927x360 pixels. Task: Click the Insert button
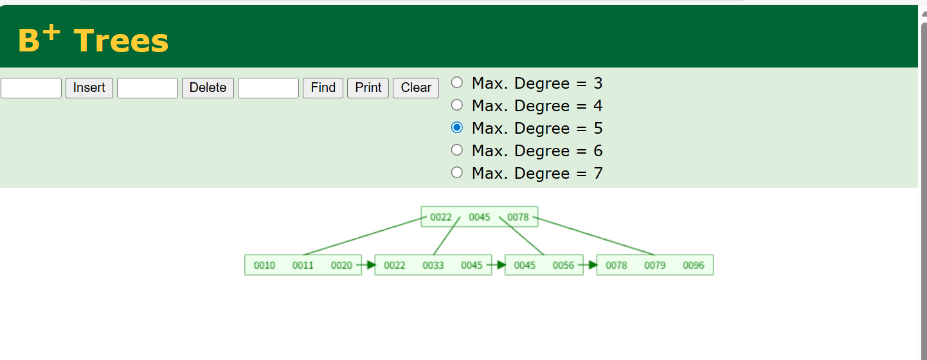pos(89,87)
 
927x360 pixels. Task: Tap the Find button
pos(323,87)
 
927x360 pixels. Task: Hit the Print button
pos(368,87)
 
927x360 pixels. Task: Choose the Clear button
pos(416,87)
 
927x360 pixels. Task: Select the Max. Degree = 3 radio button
pos(457,82)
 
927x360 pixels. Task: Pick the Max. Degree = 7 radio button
pos(457,172)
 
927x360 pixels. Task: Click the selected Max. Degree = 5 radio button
pos(457,127)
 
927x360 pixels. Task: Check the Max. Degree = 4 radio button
pos(457,105)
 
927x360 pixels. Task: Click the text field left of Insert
pos(31,87)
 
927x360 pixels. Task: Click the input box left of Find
pos(268,87)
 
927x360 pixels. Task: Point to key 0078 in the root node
pos(518,217)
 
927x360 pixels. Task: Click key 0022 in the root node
pos(441,217)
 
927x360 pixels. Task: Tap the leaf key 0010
pos(264,265)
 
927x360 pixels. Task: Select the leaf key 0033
pos(433,265)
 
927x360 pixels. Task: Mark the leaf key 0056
pos(563,265)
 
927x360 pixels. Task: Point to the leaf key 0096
pos(694,265)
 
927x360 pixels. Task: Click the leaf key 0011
pos(303,265)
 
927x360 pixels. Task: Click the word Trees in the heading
pos(121,40)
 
